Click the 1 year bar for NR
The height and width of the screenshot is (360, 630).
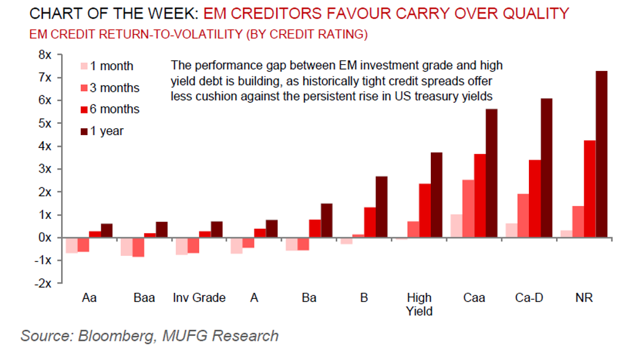click(602, 154)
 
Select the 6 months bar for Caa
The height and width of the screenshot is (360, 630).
click(480, 195)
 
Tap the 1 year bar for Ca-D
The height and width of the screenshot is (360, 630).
click(546, 168)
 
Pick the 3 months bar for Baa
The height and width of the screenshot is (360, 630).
click(139, 247)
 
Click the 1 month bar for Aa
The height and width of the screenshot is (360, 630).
click(72, 245)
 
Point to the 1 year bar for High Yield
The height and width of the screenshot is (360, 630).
click(436, 195)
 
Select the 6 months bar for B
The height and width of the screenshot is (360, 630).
click(370, 222)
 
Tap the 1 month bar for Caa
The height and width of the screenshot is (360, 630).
click(457, 226)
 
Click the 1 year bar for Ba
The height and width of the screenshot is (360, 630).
click(327, 221)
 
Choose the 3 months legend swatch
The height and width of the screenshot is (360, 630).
click(84, 88)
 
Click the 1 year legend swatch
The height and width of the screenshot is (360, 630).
click(84, 131)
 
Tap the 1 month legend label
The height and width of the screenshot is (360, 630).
click(112, 67)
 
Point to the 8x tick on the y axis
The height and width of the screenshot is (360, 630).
click(60, 54)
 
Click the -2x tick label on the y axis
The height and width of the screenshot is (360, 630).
click(43, 284)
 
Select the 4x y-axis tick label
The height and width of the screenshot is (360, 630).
click(45, 146)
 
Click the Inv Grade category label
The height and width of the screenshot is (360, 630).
click(199, 298)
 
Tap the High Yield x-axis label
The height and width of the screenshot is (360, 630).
click(419, 305)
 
